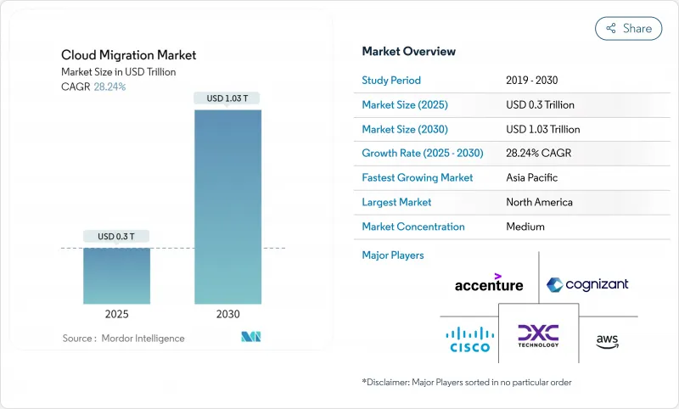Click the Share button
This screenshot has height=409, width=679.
628,28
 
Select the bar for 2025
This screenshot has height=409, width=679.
116,276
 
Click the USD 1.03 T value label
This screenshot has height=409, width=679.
227,98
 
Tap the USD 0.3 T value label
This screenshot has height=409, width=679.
116,236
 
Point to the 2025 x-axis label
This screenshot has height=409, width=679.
116,314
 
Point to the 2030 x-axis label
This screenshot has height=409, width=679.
227,314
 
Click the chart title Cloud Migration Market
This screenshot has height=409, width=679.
129,55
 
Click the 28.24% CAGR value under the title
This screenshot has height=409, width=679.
109,87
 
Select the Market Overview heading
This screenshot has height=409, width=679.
408,51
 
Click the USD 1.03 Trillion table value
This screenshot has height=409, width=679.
542,129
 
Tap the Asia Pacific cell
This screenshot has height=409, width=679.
533,178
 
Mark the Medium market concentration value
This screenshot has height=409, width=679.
525,227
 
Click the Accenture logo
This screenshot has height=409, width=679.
489,283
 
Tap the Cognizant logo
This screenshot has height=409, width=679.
587,284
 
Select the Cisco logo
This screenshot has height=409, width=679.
469,339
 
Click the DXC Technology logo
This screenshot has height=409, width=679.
538,336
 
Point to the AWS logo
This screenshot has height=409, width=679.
607,340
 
